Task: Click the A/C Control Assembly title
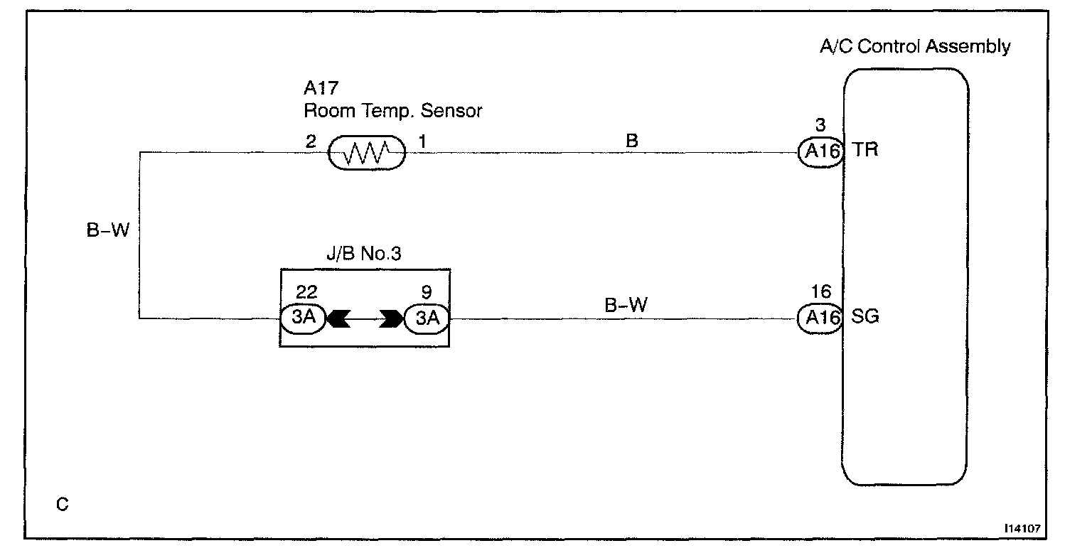click(x=915, y=47)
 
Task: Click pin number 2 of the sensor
click(x=311, y=141)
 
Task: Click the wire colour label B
click(x=631, y=141)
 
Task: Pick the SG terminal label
click(x=864, y=317)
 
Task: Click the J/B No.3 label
click(x=365, y=253)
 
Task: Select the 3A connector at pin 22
click(x=304, y=318)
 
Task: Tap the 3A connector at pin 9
click(x=427, y=318)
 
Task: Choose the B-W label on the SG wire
click(x=626, y=306)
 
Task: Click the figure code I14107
click(x=1024, y=530)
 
